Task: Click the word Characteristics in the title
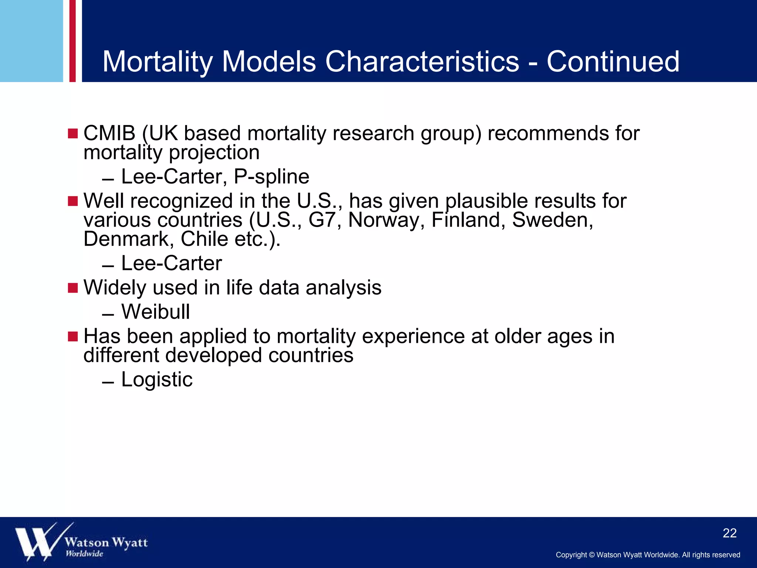422,61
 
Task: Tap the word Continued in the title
613,61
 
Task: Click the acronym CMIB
109,133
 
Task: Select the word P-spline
272,177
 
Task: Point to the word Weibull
156,312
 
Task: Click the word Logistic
157,379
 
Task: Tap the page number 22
729,533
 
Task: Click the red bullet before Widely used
73,288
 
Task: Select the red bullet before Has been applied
73,337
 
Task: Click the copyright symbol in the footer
591,555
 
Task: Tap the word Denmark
126,239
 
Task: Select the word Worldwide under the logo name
84,554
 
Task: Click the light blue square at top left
31,41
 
